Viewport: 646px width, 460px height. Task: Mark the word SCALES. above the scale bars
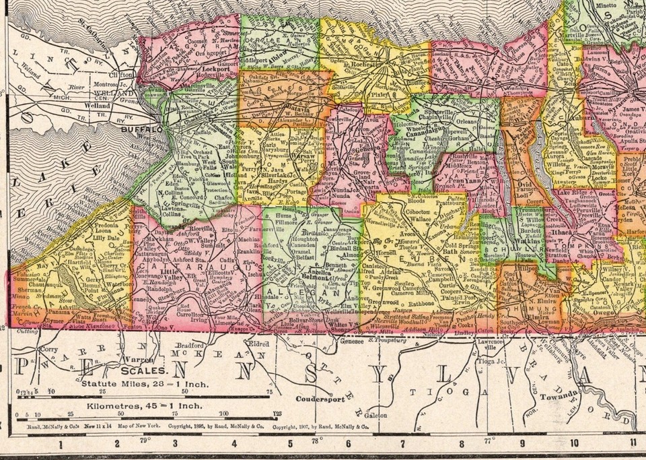pyautogui.click(x=145, y=371)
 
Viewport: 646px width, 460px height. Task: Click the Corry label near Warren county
pyautogui.click(x=49, y=351)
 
